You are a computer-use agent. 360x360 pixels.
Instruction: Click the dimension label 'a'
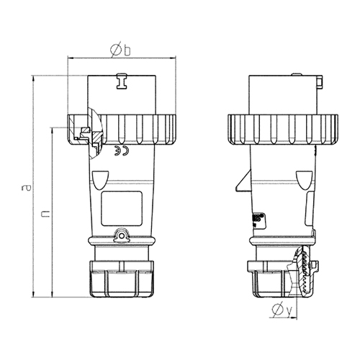point(27,187)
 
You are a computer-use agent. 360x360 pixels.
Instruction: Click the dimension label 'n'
point(45,214)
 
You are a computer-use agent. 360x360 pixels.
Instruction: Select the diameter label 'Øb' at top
point(120,50)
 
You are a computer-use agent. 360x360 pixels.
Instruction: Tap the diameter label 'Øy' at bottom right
point(282,310)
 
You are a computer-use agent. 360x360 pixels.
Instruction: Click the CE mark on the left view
point(122,150)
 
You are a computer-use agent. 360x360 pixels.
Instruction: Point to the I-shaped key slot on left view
point(122,81)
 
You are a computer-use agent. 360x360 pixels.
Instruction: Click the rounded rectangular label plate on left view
point(122,208)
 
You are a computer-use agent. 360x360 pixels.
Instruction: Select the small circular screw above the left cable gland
point(122,236)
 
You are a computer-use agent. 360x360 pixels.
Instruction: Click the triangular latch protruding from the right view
point(244,181)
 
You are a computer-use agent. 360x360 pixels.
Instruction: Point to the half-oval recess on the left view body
point(101,180)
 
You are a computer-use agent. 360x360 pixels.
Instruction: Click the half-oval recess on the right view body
point(305,180)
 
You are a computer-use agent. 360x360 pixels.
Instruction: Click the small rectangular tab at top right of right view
point(320,83)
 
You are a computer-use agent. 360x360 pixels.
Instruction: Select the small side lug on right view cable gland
point(315,265)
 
